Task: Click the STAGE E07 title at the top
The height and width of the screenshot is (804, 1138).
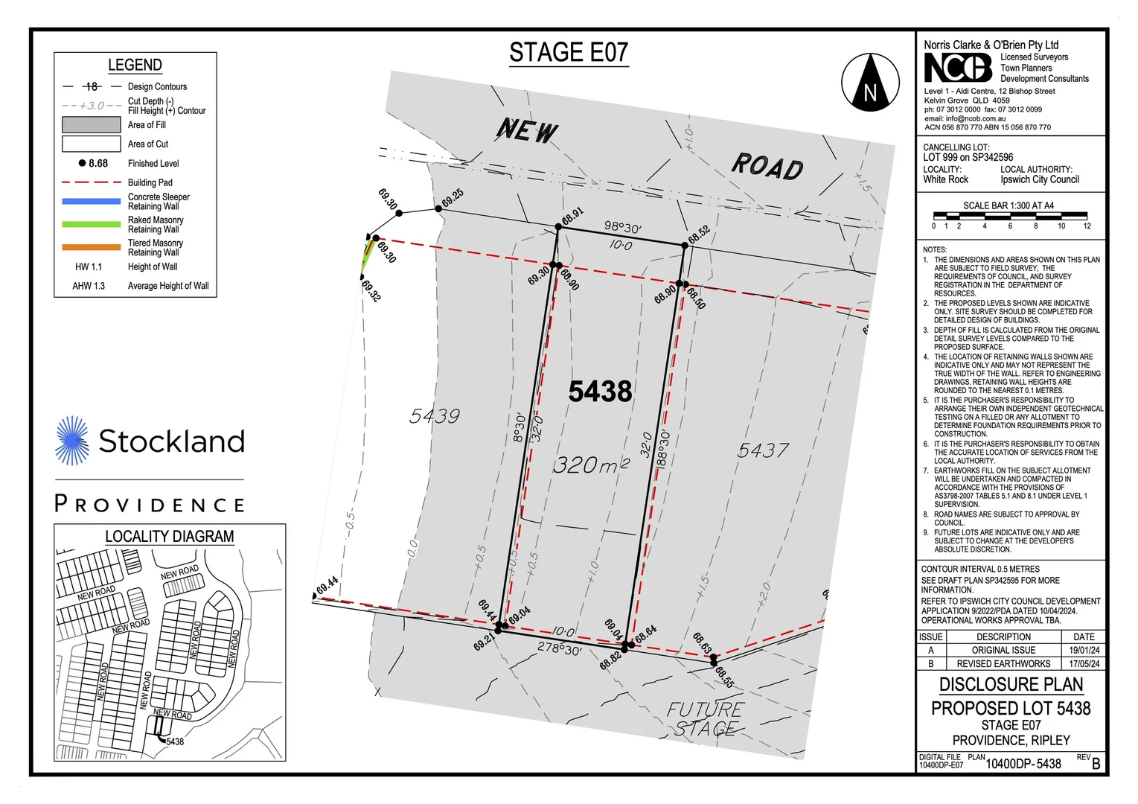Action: [x=569, y=53]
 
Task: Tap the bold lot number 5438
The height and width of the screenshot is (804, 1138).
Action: [x=600, y=392]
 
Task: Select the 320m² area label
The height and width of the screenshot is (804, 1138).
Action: [x=592, y=465]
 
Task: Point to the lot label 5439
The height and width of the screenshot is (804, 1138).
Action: [x=435, y=416]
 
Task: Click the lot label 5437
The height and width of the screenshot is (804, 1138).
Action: [x=763, y=450]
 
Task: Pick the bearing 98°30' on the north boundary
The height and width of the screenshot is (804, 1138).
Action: [x=622, y=227]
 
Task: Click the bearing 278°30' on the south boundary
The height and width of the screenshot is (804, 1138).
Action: [x=560, y=649]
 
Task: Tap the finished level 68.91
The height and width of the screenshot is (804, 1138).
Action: [x=572, y=217]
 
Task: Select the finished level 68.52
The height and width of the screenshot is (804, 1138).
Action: [x=698, y=234]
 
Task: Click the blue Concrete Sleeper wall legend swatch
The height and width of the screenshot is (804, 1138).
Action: [x=91, y=201]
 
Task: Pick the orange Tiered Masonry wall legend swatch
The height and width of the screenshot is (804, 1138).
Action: [x=91, y=247]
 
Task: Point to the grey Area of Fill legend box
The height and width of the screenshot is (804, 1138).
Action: [x=91, y=125]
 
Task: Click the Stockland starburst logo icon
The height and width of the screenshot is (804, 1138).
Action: [x=73, y=441]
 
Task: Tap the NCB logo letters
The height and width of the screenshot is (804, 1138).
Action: [x=958, y=68]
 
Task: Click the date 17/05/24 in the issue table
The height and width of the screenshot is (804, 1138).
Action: [x=1084, y=663]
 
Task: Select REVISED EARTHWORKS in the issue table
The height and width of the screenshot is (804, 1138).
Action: [x=1003, y=663]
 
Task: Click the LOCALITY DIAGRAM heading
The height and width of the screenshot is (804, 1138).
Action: [x=169, y=536]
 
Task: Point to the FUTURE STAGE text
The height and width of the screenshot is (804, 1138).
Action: [x=705, y=719]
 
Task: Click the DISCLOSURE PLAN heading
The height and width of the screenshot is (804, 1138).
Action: [x=1011, y=684]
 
